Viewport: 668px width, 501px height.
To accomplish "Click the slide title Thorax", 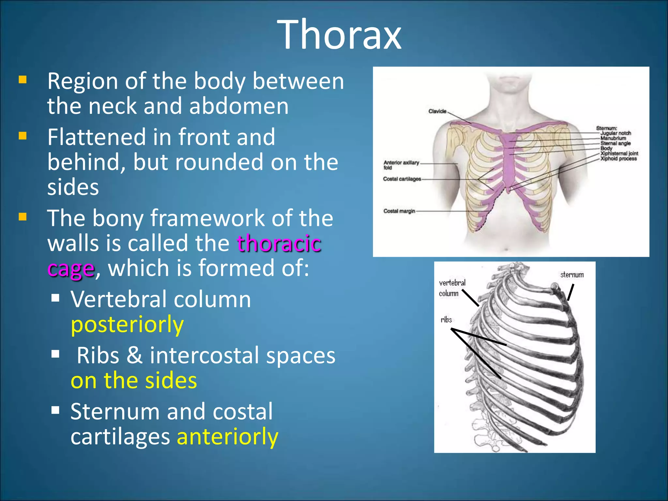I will tap(339, 35).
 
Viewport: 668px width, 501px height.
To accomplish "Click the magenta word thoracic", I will tap(279, 243).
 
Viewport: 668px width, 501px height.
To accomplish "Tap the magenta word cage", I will tap(71, 269).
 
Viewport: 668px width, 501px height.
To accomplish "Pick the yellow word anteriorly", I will tap(227, 436).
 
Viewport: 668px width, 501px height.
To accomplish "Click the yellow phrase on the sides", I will tap(134, 380).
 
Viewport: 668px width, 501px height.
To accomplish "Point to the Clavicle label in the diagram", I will tap(437, 111).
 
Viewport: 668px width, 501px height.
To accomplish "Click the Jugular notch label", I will tap(615, 133).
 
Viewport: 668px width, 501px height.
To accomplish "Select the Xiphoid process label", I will tap(618, 159).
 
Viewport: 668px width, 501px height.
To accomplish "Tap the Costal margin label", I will tap(399, 211).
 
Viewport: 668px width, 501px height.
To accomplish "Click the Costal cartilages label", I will tap(402, 179).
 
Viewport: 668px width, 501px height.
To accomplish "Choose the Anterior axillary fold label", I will tap(401, 165).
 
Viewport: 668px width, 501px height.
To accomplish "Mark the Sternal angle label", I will tap(615, 143).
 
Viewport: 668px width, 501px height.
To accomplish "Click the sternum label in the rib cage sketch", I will tap(572, 275).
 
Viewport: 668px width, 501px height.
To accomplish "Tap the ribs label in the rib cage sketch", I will tap(446, 320).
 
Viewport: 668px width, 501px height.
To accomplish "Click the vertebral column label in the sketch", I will tap(452, 288).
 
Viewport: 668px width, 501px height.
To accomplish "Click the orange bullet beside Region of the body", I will tap(23, 80).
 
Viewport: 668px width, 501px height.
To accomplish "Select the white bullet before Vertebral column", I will tap(55, 297).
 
